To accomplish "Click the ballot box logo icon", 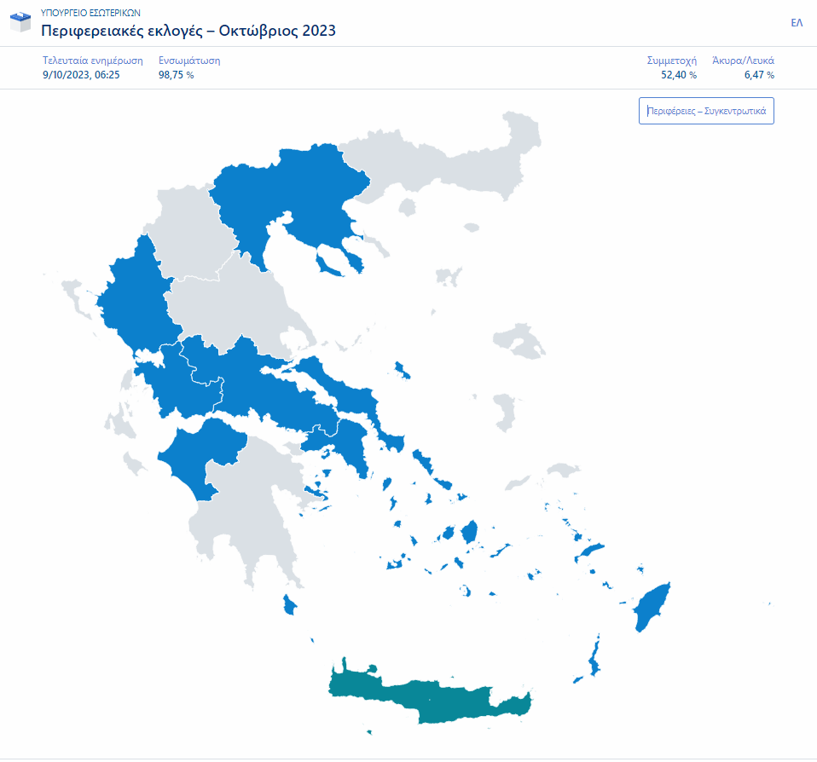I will pos(20,22).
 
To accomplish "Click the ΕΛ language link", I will pos(797,23).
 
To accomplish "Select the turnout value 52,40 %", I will pos(679,75).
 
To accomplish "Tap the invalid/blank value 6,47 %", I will pos(759,75).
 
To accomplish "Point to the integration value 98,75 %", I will pos(176,75).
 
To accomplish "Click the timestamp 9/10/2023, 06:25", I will pos(81,75).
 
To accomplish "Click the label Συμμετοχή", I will pos(672,61).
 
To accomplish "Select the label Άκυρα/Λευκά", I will pos(743,61).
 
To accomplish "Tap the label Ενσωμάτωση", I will pos(189,61).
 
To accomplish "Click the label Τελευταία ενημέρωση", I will pos(93,61).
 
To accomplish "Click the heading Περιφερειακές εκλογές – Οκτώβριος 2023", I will pos(188,31).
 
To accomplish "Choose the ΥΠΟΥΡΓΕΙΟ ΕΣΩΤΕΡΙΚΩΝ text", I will pos(90,14).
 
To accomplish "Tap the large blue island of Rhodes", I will pos(653,607).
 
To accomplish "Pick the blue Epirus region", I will pos(136,298).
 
